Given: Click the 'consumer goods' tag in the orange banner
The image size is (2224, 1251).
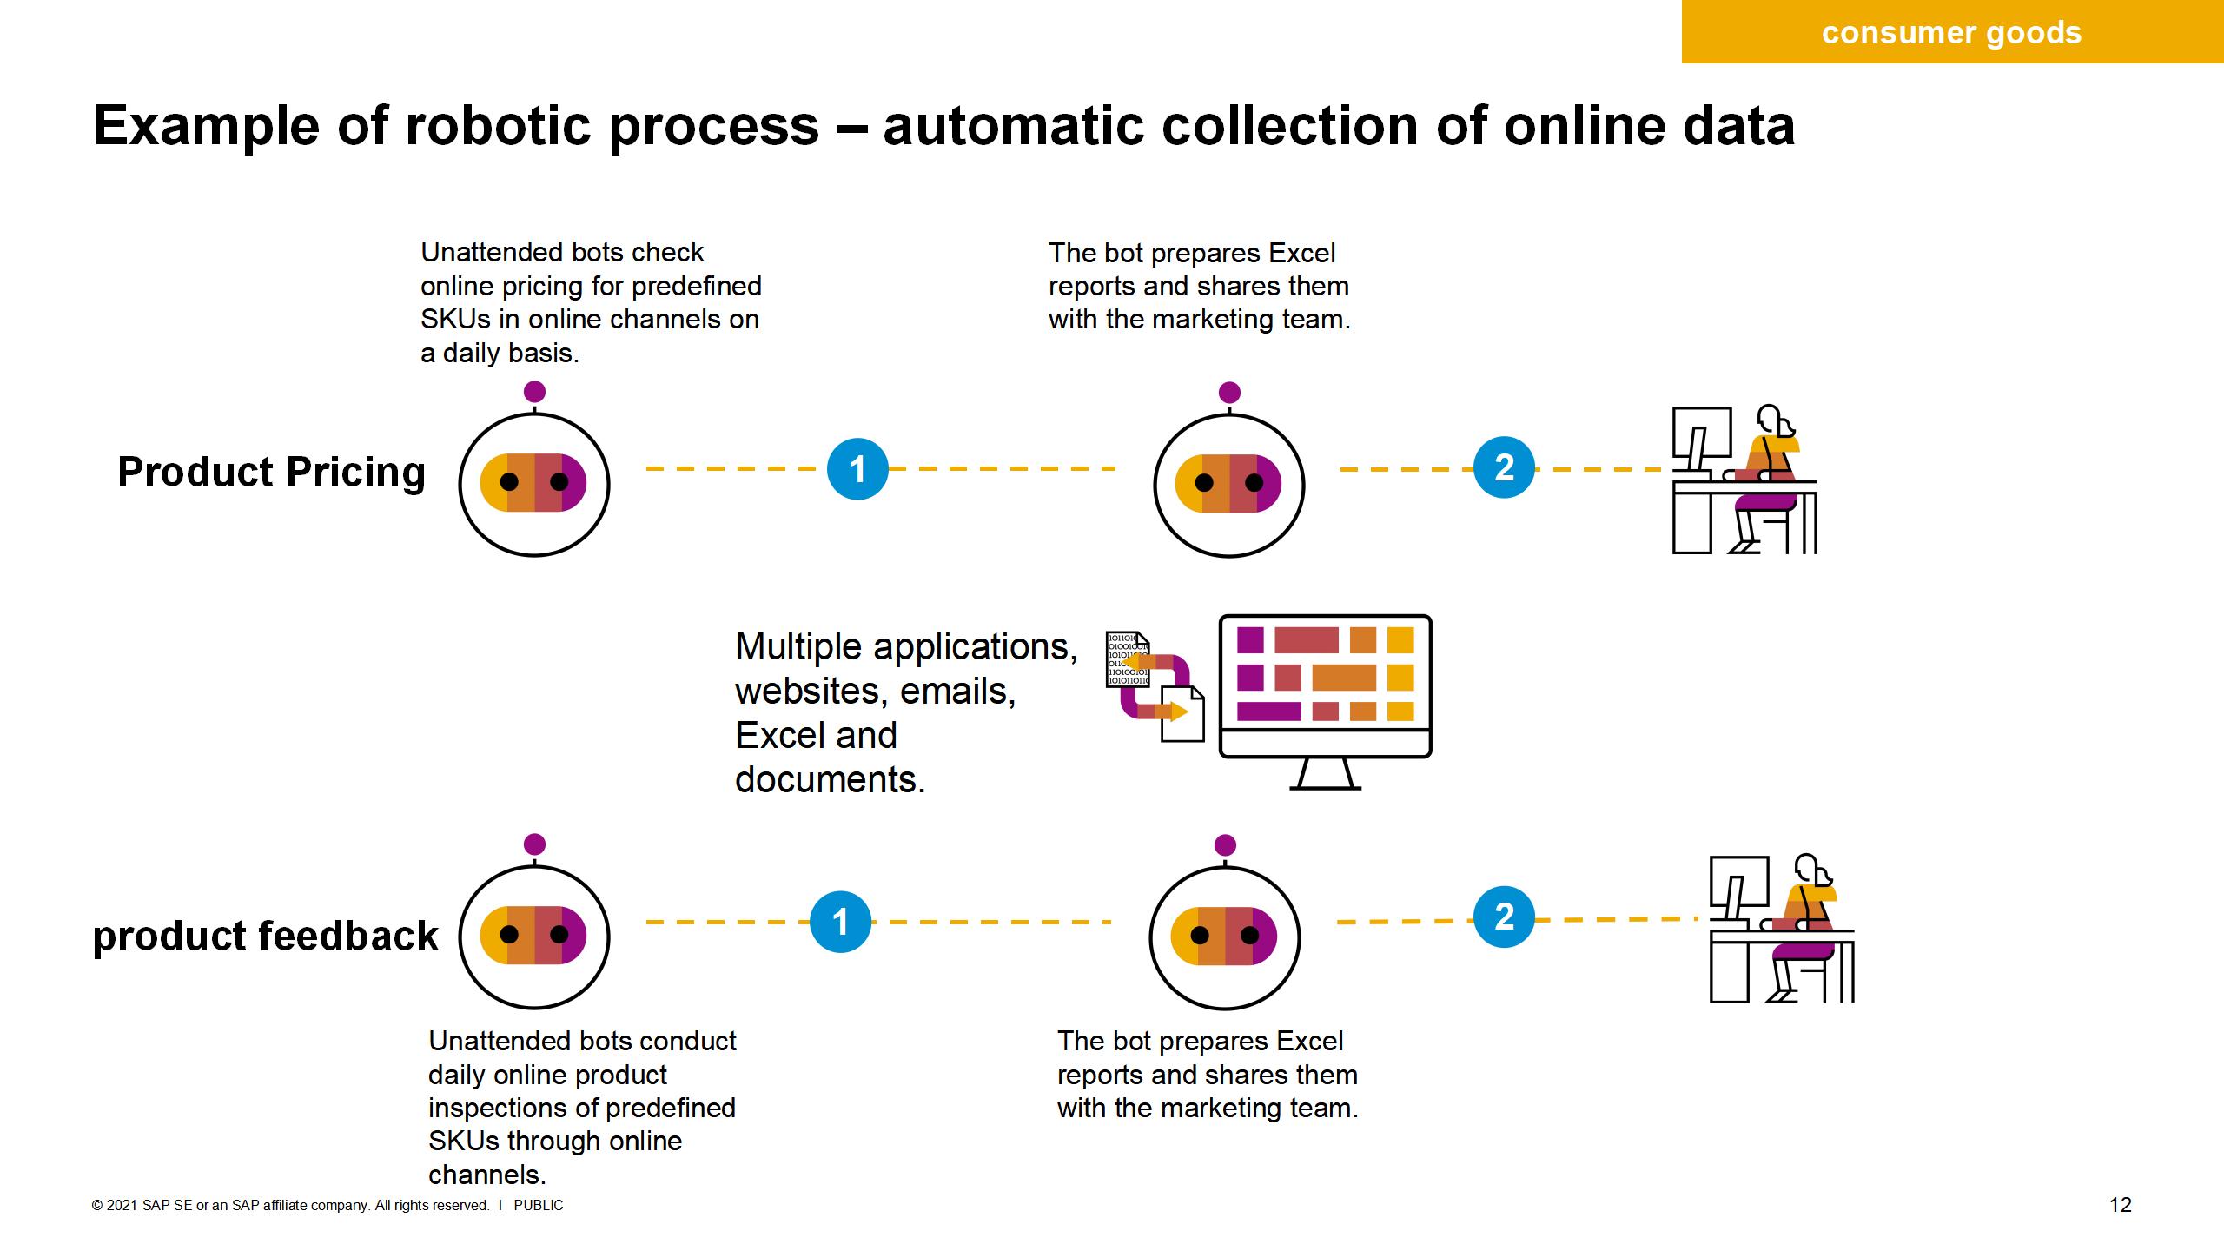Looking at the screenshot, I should point(1951,33).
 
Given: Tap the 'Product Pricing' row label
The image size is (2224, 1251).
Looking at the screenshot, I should point(271,473).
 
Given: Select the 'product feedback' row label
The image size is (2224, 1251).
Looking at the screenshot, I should point(265,937).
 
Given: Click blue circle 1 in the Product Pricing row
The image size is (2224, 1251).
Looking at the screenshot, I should point(857,469).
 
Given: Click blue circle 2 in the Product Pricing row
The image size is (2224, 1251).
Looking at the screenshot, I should point(1504,467).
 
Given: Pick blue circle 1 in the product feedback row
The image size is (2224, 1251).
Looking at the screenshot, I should point(840,922).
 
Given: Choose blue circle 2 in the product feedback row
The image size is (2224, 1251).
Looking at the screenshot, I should point(1504,917).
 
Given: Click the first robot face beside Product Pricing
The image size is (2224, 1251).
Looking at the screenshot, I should point(534,483).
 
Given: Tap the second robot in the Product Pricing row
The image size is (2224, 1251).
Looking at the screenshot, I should point(1228,483).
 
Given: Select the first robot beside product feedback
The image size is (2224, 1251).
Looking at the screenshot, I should point(534,936).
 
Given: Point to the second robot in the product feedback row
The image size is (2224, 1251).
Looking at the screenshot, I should point(1224,936).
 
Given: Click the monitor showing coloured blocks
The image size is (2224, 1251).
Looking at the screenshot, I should point(1325,686).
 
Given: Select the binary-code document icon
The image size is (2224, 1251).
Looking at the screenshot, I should point(1127,660).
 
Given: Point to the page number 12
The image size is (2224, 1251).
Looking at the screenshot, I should point(2121,1205).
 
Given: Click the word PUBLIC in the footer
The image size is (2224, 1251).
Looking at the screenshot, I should point(539,1206).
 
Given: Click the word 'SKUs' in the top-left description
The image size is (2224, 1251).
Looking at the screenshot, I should point(455,320).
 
